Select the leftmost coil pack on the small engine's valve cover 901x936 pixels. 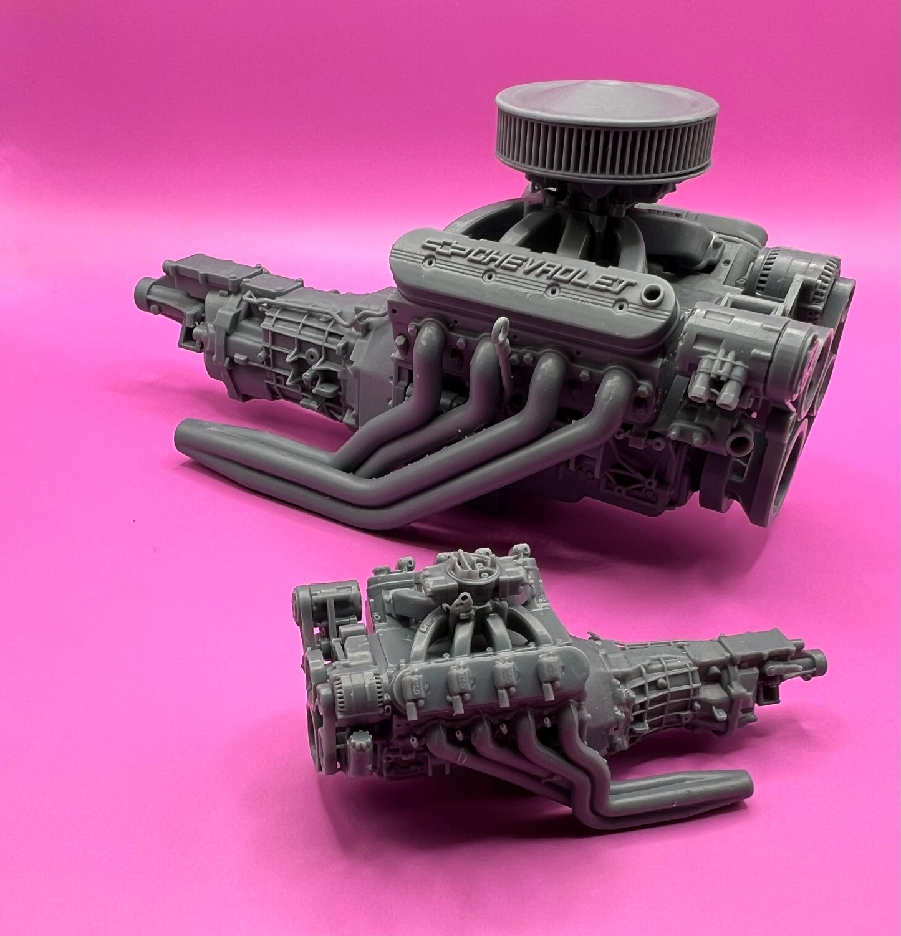(x=417, y=684)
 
